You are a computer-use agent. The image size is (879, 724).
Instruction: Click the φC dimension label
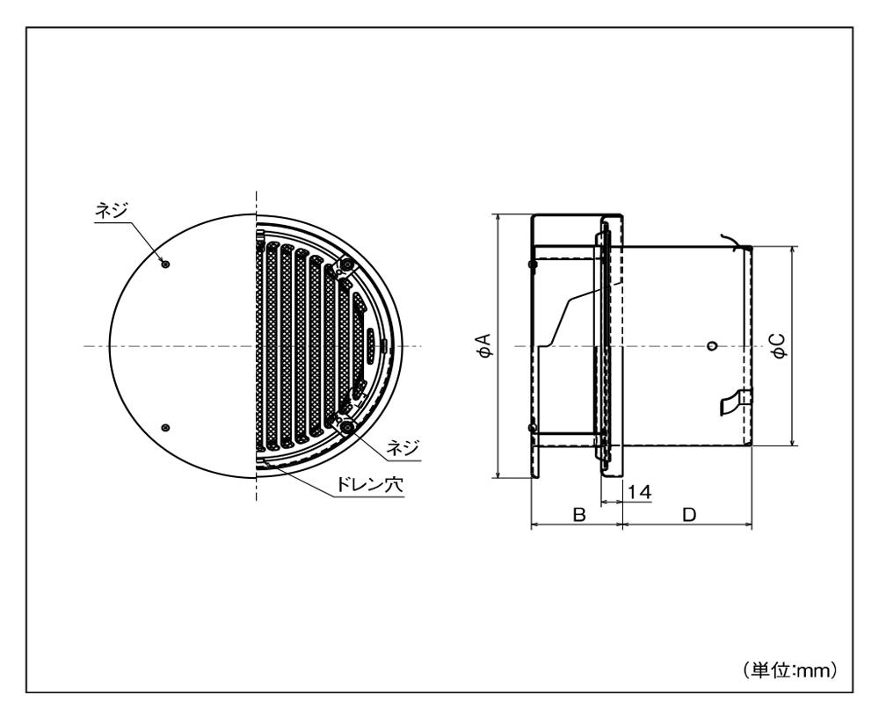pyautogui.click(x=779, y=345)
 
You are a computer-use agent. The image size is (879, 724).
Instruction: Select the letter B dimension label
pyautogui.click(x=579, y=514)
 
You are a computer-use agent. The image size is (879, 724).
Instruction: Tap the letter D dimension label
pyautogui.click(x=689, y=514)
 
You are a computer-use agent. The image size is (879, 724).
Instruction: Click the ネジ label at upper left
pyautogui.click(x=112, y=211)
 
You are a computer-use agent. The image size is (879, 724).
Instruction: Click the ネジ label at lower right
pyautogui.click(x=403, y=448)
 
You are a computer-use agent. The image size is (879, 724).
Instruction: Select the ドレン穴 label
pyautogui.click(x=369, y=484)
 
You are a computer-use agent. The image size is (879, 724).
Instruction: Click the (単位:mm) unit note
pyautogui.click(x=790, y=670)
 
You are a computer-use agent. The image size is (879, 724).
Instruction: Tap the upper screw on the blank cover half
pyautogui.click(x=165, y=264)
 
